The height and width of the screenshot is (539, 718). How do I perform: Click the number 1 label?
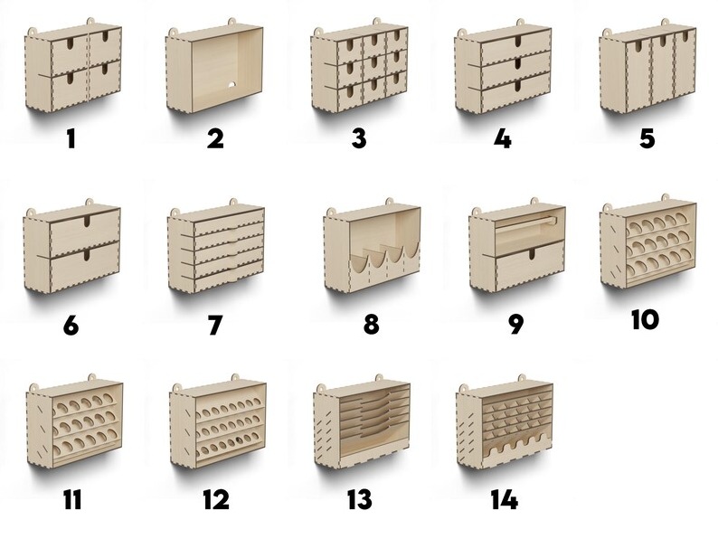(71, 138)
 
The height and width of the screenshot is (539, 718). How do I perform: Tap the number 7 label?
(215, 325)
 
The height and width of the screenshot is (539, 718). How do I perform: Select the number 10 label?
(645, 319)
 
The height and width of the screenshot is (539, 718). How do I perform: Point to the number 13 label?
(360, 499)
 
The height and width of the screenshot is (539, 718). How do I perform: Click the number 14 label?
(504, 499)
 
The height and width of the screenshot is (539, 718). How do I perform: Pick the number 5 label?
(647, 138)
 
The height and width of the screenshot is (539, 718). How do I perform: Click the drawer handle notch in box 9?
(531, 254)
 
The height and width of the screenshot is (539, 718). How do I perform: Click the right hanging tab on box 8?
(389, 202)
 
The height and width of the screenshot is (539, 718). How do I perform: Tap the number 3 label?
(360, 138)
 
